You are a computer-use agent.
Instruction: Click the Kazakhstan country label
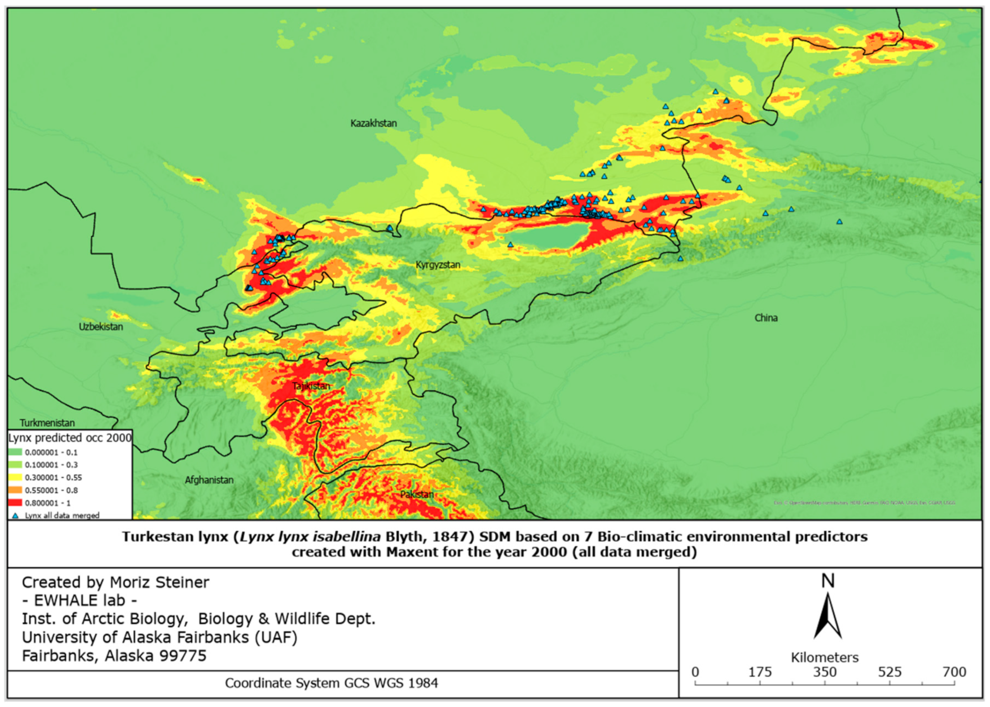(x=373, y=123)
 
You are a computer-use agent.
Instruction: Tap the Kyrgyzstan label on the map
(x=437, y=265)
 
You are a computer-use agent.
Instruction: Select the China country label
(x=766, y=318)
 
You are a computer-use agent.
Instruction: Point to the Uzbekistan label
(x=100, y=326)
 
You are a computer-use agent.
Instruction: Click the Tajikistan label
(x=311, y=386)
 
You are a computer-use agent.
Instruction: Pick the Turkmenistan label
(x=47, y=423)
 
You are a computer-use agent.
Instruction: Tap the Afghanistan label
(x=209, y=480)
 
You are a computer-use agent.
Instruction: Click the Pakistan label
(x=417, y=494)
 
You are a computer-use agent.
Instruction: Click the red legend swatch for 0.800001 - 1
(x=15, y=503)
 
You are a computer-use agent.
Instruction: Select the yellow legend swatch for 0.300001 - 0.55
(x=15, y=477)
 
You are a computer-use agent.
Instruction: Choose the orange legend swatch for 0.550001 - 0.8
(x=15, y=490)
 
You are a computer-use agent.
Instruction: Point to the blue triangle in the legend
(x=15, y=516)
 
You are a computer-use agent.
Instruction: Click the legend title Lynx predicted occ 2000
(x=70, y=438)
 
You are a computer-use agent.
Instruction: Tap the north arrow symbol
(x=827, y=616)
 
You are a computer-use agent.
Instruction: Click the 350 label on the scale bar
(x=824, y=672)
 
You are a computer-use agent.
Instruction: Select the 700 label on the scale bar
(x=954, y=672)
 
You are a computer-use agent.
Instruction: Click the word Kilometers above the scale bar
(x=824, y=657)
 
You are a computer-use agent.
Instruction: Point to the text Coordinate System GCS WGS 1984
(x=331, y=683)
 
